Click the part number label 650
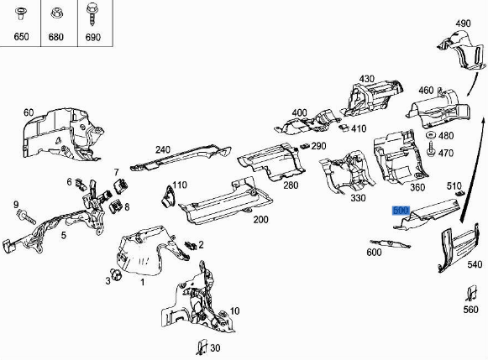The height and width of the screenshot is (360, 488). [21, 37]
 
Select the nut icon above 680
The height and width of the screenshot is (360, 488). [56, 13]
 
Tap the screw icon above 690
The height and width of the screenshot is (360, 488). [92, 13]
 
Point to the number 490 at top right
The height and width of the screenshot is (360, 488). [463, 23]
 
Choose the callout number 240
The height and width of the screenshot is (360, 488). [162, 150]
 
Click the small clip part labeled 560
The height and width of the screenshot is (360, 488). [470, 296]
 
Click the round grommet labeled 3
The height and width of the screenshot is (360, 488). [117, 274]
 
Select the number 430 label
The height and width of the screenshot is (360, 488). [367, 80]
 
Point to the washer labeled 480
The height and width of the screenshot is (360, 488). [429, 137]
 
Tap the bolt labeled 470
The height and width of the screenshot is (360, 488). [431, 153]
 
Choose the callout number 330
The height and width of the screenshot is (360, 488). [358, 198]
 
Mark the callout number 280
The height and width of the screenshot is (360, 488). [291, 185]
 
